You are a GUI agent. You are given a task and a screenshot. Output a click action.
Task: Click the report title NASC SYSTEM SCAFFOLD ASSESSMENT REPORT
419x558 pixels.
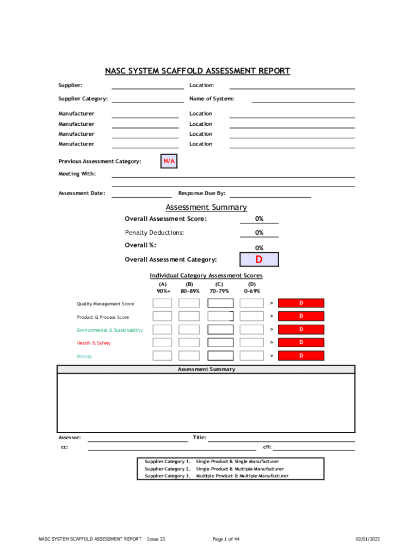coord(198,71)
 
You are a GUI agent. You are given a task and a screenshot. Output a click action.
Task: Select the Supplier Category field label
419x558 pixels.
coord(83,99)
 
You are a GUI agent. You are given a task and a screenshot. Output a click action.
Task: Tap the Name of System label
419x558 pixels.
coord(212,99)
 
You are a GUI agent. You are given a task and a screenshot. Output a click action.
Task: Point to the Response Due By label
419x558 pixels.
coord(201,193)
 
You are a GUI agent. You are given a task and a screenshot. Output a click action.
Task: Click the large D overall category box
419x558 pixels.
coord(259,259)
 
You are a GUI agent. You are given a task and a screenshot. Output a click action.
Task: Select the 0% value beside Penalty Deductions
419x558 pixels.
coord(260,233)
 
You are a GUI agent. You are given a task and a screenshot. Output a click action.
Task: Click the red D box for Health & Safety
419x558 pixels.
coord(301,343)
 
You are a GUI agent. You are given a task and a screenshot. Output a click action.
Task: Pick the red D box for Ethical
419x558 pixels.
coord(301,356)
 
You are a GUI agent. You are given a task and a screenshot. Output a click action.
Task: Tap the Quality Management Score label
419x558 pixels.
coord(105,304)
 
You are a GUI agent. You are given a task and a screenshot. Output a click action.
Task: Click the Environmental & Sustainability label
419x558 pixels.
coord(109,330)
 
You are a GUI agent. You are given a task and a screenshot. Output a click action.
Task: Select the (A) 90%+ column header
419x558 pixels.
coord(163,287)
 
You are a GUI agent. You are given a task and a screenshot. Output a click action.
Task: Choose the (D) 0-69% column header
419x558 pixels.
coord(252,287)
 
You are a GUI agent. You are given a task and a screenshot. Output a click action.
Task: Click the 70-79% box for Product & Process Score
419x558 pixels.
coord(220,316)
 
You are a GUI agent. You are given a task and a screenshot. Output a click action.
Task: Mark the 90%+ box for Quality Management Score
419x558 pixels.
coord(162,303)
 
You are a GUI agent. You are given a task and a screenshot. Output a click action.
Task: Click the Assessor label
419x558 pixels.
coord(70,437)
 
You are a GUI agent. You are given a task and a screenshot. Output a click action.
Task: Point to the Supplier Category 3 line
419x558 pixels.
coord(216,476)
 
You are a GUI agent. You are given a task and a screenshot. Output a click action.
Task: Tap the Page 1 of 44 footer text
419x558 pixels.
coord(226,539)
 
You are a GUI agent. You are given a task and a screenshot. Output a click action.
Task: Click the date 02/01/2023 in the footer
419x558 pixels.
coord(368,539)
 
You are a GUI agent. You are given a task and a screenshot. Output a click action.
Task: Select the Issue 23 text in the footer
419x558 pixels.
coord(156,539)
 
